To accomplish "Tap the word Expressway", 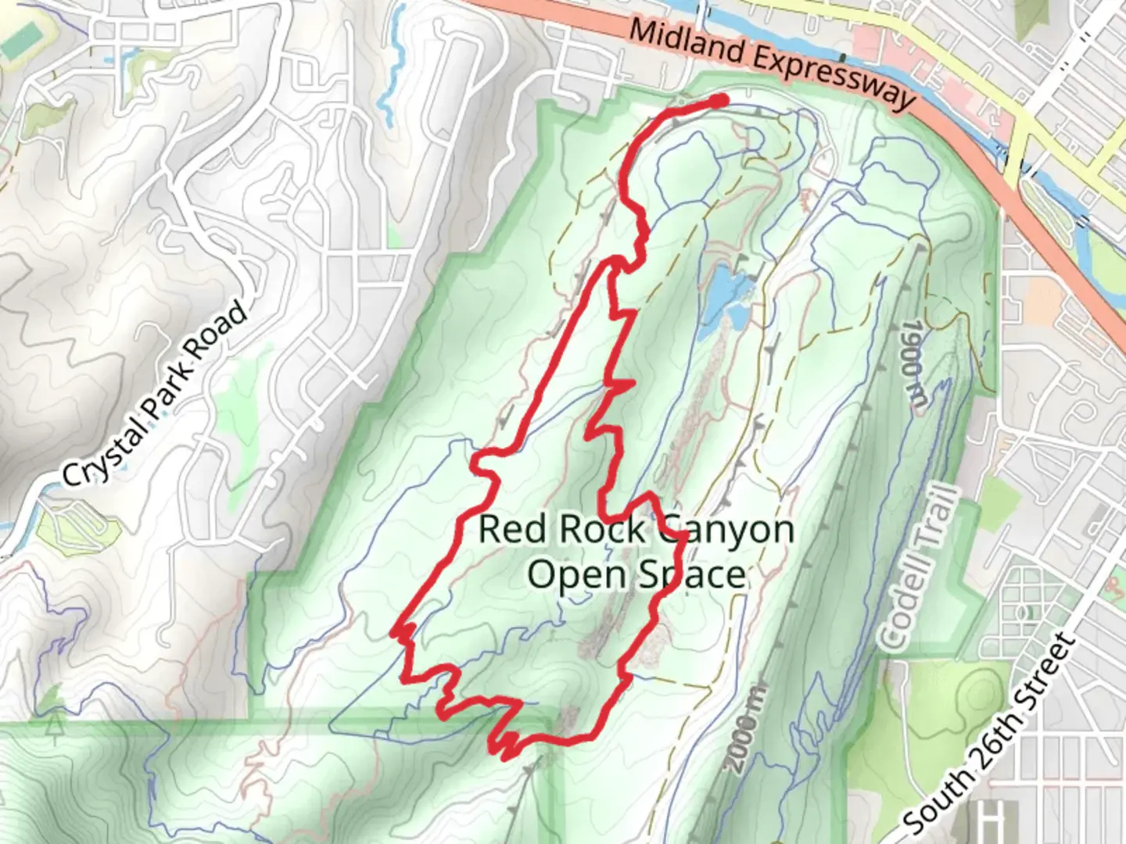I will click(x=835, y=79).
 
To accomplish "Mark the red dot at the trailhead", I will click(x=719, y=100).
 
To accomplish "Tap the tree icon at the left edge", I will click(x=54, y=724).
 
